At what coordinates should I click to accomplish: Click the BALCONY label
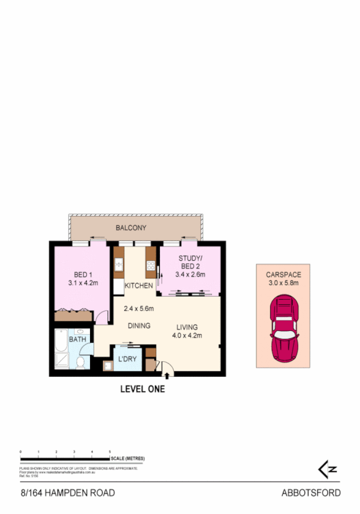pyautogui.click(x=131, y=228)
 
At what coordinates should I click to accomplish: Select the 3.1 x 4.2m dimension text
pyautogui.click(x=83, y=283)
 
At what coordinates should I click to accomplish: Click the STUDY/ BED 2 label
pyautogui.click(x=190, y=262)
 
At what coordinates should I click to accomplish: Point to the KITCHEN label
pyautogui.click(x=138, y=286)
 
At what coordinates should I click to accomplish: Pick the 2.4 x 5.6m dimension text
pyautogui.click(x=138, y=308)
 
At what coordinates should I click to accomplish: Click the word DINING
pyautogui.click(x=139, y=326)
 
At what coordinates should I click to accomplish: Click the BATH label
pyautogui.click(x=77, y=339)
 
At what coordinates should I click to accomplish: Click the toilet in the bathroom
pyautogui.click(x=80, y=363)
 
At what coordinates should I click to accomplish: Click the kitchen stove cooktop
pyautogui.click(x=150, y=265)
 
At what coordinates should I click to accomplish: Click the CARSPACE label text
pyautogui.click(x=283, y=275)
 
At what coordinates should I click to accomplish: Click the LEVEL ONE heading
pyautogui.click(x=142, y=388)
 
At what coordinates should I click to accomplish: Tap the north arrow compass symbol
pyautogui.click(x=328, y=469)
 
